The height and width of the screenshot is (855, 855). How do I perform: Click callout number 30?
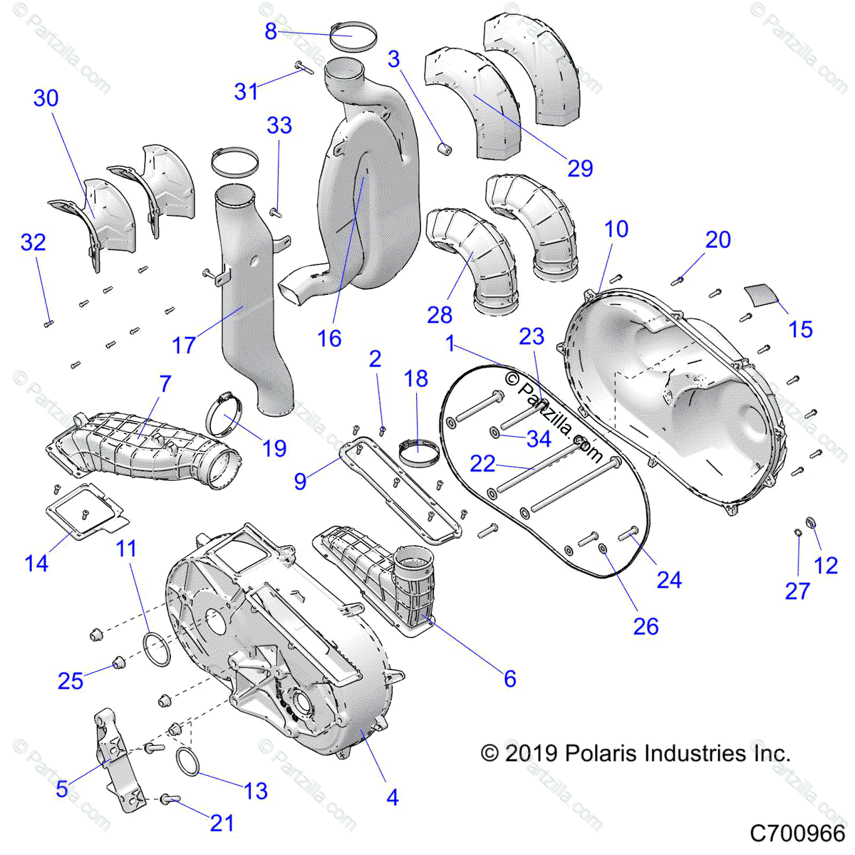46,98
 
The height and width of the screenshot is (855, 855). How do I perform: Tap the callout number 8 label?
271,31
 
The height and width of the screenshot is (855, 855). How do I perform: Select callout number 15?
801,329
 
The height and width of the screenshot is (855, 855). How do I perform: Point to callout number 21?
222,823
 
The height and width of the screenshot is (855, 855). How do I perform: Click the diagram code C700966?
797,832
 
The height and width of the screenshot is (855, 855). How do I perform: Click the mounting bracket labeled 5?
114,755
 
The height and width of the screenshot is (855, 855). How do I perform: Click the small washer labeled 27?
798,532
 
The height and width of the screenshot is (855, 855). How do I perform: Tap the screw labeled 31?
303,67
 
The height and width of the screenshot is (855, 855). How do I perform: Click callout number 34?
539,439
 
